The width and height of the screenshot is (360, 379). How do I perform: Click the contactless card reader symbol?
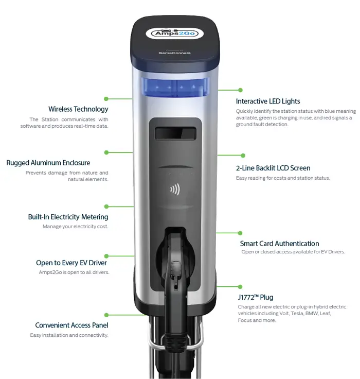175,189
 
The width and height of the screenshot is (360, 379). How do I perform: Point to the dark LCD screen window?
175,133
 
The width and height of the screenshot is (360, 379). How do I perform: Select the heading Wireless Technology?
78,109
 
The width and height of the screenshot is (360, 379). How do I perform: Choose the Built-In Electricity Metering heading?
68,217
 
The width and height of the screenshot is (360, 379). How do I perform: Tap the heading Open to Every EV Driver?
71,263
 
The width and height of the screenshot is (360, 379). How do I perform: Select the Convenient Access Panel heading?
71,325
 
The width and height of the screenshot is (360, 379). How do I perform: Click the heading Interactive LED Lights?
268,101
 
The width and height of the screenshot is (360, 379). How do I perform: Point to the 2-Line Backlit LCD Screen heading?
273,168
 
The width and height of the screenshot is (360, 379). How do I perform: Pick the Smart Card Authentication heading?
279,244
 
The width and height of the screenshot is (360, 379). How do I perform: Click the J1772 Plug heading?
256,297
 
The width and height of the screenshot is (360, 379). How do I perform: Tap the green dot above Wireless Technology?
106,98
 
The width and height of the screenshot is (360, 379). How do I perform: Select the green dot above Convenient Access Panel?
106,314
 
